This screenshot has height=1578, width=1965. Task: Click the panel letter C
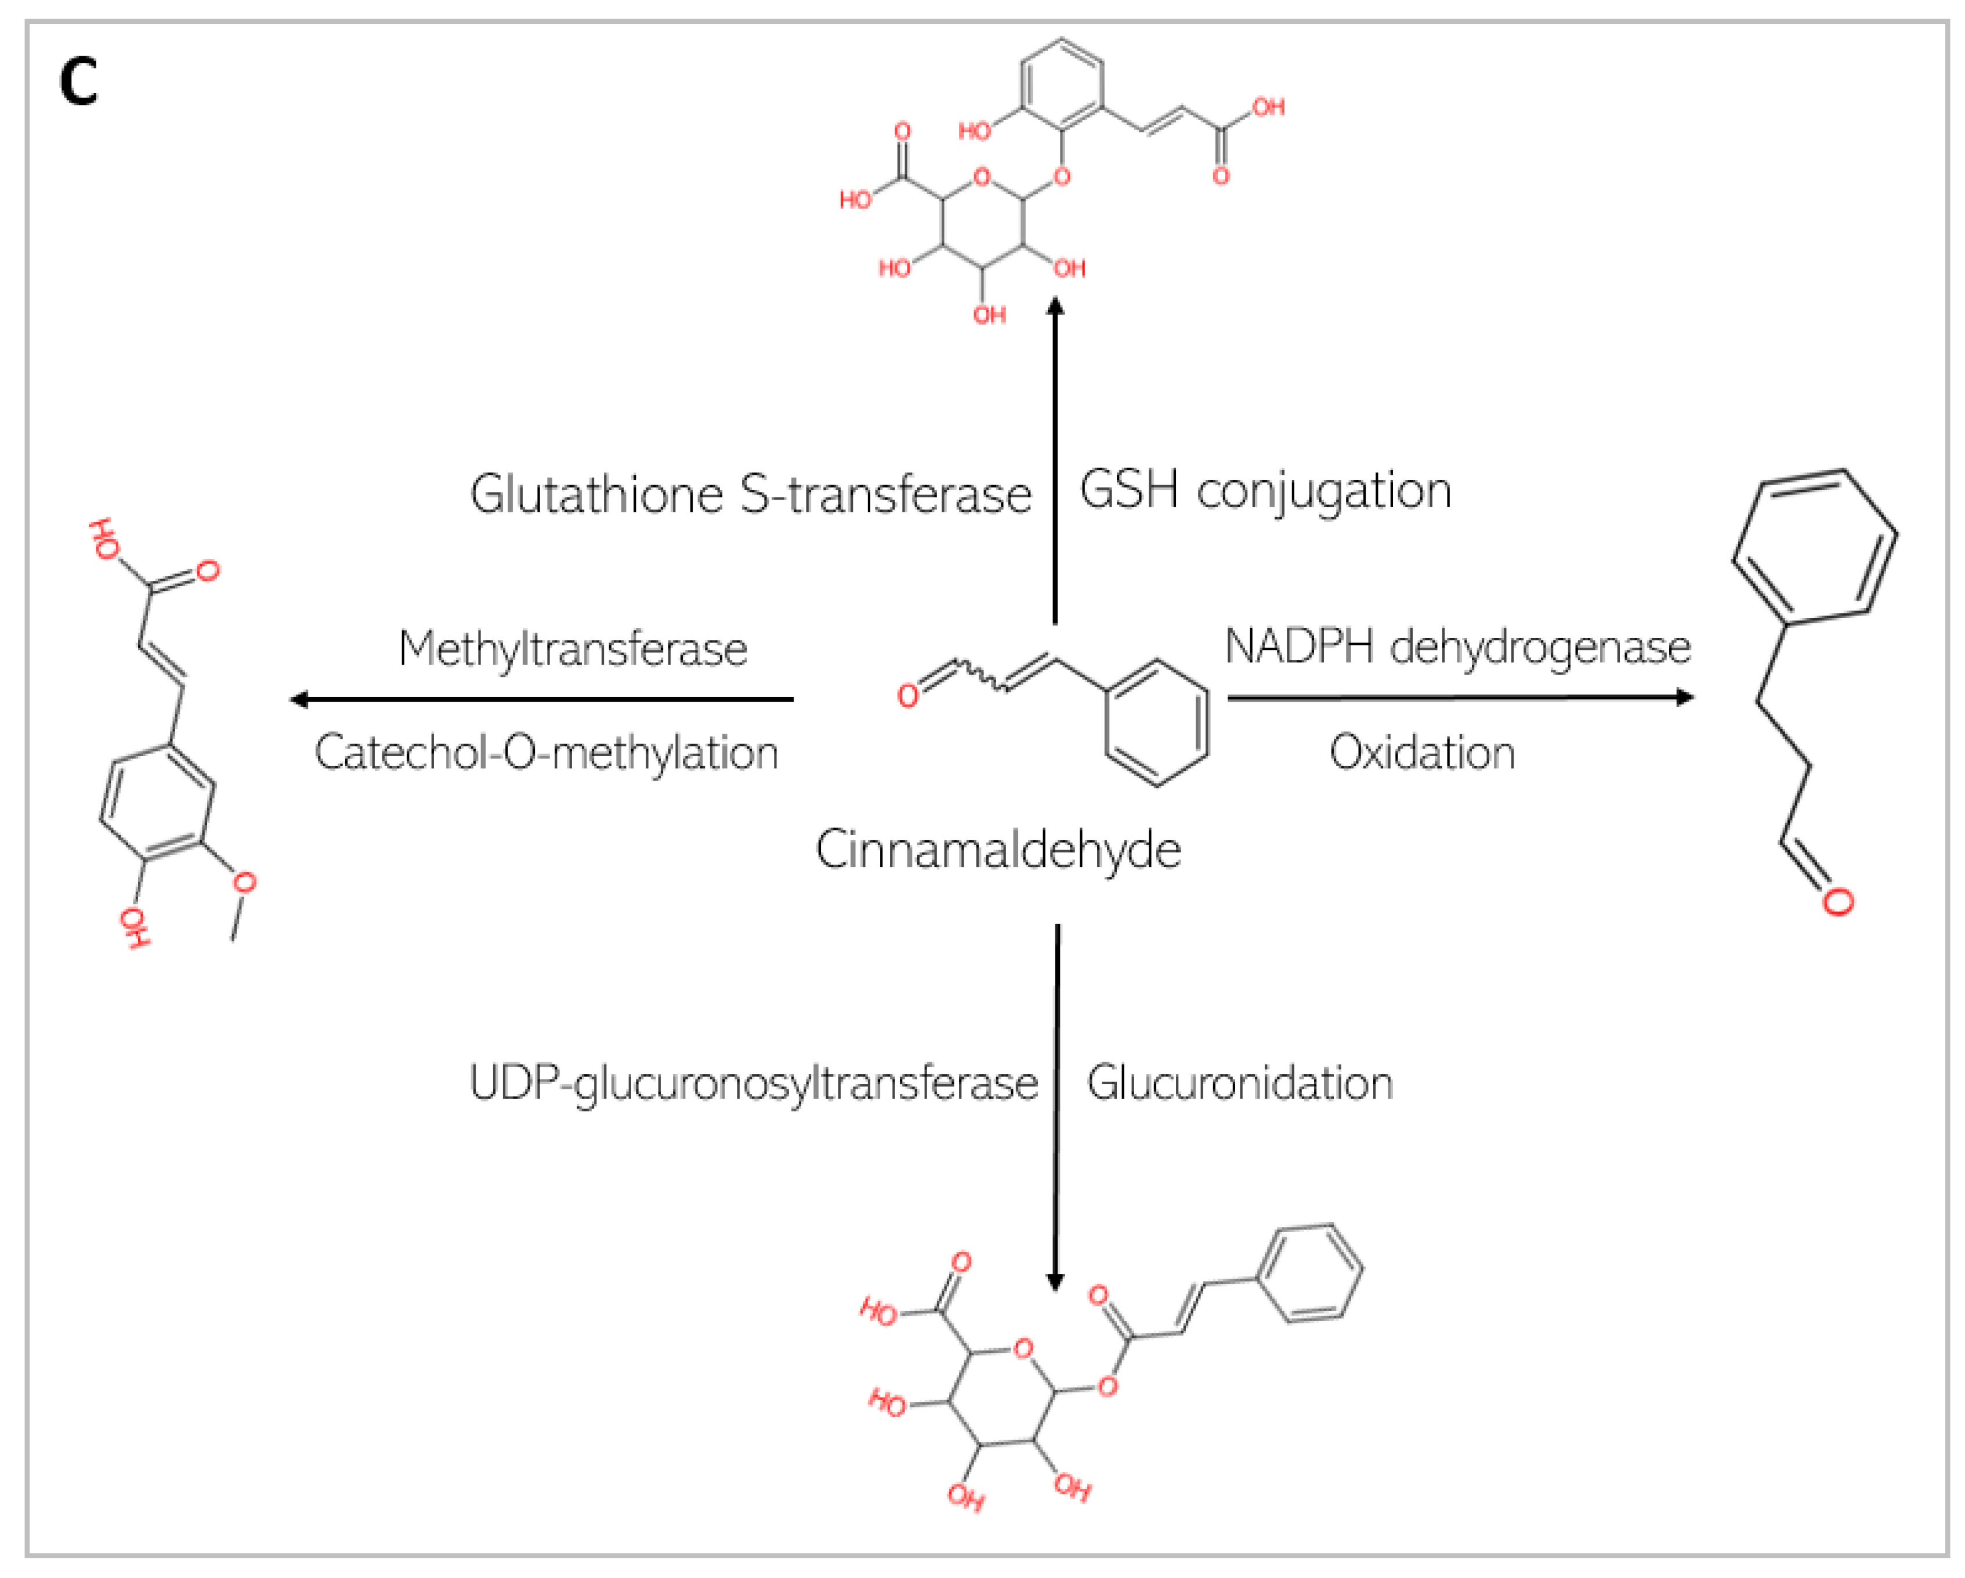tap(78, 82)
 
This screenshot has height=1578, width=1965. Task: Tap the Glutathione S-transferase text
tap(750, 495)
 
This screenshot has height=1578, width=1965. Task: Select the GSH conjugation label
tap(1265, 492)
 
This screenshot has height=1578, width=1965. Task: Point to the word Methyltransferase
tap(573, 649)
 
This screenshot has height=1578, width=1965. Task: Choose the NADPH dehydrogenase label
tap(1457, 647)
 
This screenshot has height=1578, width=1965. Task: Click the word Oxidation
tap(1422, 753)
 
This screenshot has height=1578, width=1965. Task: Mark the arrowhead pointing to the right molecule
tap(1685, 698)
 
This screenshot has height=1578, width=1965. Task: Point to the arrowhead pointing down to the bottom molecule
tap(1055, 1281)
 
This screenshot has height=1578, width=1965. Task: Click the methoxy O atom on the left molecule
tap(244, 883)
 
